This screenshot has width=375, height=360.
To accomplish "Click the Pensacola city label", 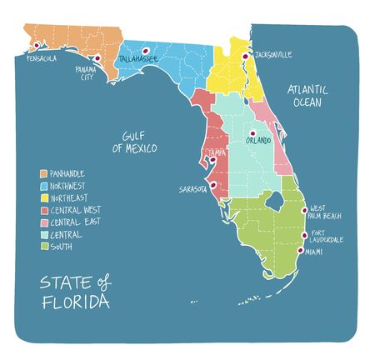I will tap(42, 59).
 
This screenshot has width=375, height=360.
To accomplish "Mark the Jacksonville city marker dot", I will tap(245, 56).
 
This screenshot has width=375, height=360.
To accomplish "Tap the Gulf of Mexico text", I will tap(135, 141).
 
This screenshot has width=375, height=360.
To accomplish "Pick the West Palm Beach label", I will tap(326, 212).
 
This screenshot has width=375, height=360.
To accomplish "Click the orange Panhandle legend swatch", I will tap(44, 173).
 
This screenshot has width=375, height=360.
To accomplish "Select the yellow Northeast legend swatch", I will tap(44, 198).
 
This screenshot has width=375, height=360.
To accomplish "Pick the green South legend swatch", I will tap(44, 247).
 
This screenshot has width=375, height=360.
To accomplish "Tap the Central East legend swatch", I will tap(44, 222).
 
